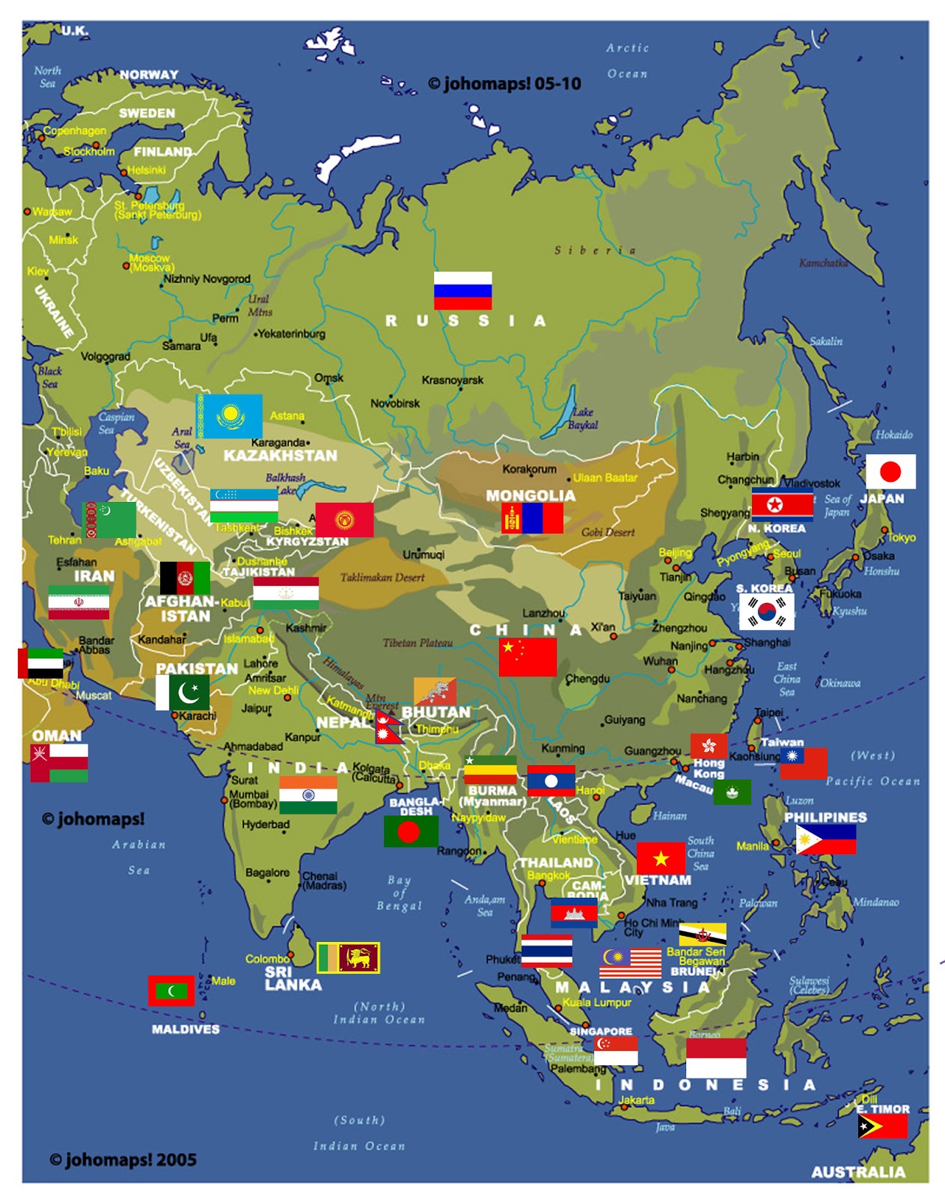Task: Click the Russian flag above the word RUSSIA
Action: coord(462,290)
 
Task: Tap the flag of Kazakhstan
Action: coord(230,415)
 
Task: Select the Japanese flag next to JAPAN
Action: coord(890,471)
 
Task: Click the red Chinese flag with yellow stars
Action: coord(527,656)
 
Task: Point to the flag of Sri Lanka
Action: coord(349,957)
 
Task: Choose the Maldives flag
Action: coord(171,991)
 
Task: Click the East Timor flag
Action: coord(883,1126)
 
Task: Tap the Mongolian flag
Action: coord(532,518)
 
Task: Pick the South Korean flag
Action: coord(767,611)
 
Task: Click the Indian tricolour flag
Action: coord(308,795)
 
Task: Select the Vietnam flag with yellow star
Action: coord(661,857)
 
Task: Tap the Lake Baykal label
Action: coord(583,418)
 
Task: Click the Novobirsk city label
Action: coord(395,403)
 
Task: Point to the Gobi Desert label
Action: coord(608,532)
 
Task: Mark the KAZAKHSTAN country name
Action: coord(280,456)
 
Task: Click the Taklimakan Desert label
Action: coord(382,578)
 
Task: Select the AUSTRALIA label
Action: coord(858,1172)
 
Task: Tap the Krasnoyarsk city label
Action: coord(452,380)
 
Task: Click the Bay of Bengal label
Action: coord(399,893)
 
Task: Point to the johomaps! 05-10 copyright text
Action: coord(504,84)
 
